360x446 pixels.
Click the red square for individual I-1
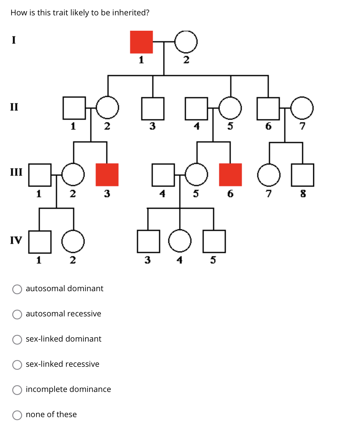coord(141,42)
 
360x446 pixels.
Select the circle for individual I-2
coord(186,42)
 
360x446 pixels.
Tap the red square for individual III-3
coord(107,175)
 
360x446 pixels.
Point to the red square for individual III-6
coord(230,175)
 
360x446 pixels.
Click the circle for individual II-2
coord(107,108)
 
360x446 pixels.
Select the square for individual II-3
coord(153,108)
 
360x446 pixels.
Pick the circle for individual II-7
coord(302,108)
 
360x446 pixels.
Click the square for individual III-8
coord(303,175)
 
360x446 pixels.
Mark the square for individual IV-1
coord(40,242)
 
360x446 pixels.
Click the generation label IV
coord(16,240)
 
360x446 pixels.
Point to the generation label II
coord(14,107)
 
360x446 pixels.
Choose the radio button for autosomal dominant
coord(17,289)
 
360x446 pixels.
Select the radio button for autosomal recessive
coord(17,314)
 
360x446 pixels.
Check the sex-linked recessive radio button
coord(17,365)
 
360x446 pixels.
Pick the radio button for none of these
coord(17,415)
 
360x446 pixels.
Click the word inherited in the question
coord(130,13)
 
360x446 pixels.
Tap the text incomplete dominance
coord(68,389)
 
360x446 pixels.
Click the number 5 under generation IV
coord(213,260)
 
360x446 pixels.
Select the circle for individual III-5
coord(196,175)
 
